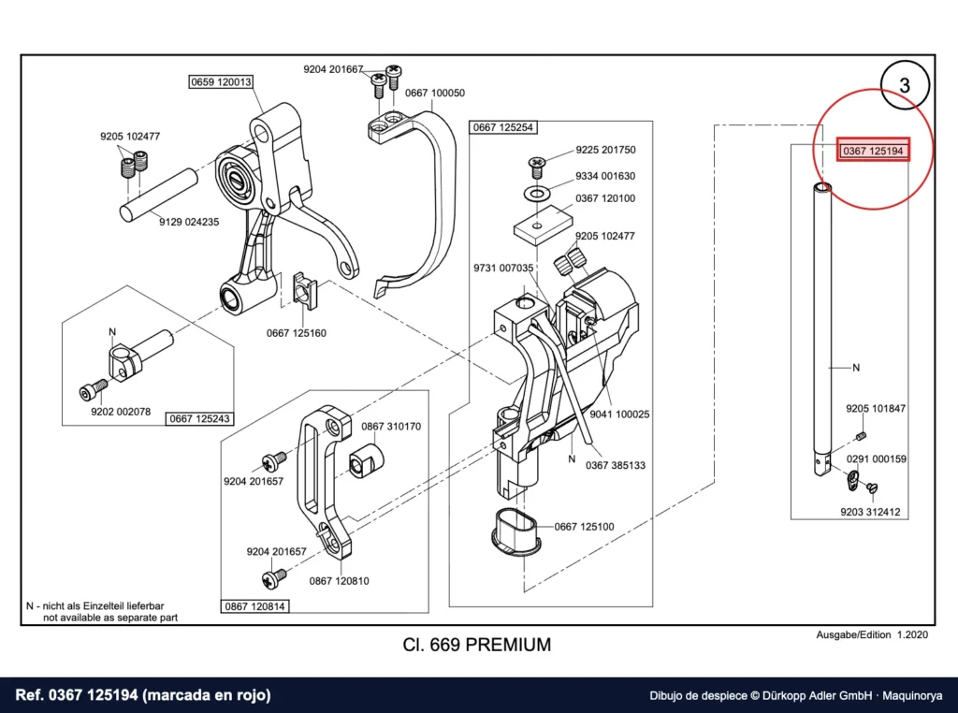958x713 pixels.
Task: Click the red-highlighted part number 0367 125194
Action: [873, 151]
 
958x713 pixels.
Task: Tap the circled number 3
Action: [905, 85]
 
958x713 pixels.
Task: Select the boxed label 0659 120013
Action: [221, 81]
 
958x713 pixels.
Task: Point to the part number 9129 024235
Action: [189, 222]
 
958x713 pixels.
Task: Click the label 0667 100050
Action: [434, 93]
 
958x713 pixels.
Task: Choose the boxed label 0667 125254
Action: [502, 127]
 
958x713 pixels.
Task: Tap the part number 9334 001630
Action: [605, 176]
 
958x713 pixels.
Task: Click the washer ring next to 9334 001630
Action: [537, 195]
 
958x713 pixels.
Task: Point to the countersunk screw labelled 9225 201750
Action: [537, 167]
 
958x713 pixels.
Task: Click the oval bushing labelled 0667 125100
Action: [515, 532]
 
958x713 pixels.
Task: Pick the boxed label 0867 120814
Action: [254, 606]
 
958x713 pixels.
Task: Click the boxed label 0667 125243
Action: [199, 418]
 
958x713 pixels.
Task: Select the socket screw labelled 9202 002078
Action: [94, 389]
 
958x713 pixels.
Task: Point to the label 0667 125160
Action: [297, 333]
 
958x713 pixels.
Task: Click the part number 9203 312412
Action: [870, 512]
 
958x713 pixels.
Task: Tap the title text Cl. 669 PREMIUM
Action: [476, 645]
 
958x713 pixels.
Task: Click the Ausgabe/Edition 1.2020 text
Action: [872, 634]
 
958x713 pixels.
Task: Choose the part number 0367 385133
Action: [616, 465]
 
